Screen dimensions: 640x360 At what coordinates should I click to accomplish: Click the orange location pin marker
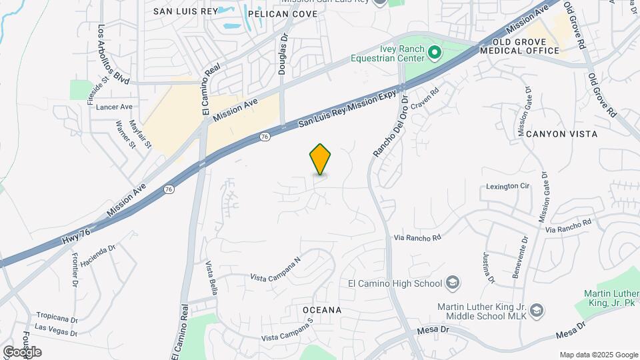321,159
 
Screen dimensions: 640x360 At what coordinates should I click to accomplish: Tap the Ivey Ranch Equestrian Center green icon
435,51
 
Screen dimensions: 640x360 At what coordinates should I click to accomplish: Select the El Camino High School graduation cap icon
453,283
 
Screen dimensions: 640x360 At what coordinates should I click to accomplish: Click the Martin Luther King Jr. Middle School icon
537,311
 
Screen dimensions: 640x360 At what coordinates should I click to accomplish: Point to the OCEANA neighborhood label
322,310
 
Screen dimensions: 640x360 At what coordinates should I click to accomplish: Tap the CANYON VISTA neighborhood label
561,134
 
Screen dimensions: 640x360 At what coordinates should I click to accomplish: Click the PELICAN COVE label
283,13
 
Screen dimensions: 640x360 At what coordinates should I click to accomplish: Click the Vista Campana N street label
275,268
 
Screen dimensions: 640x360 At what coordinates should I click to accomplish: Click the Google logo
21,351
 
